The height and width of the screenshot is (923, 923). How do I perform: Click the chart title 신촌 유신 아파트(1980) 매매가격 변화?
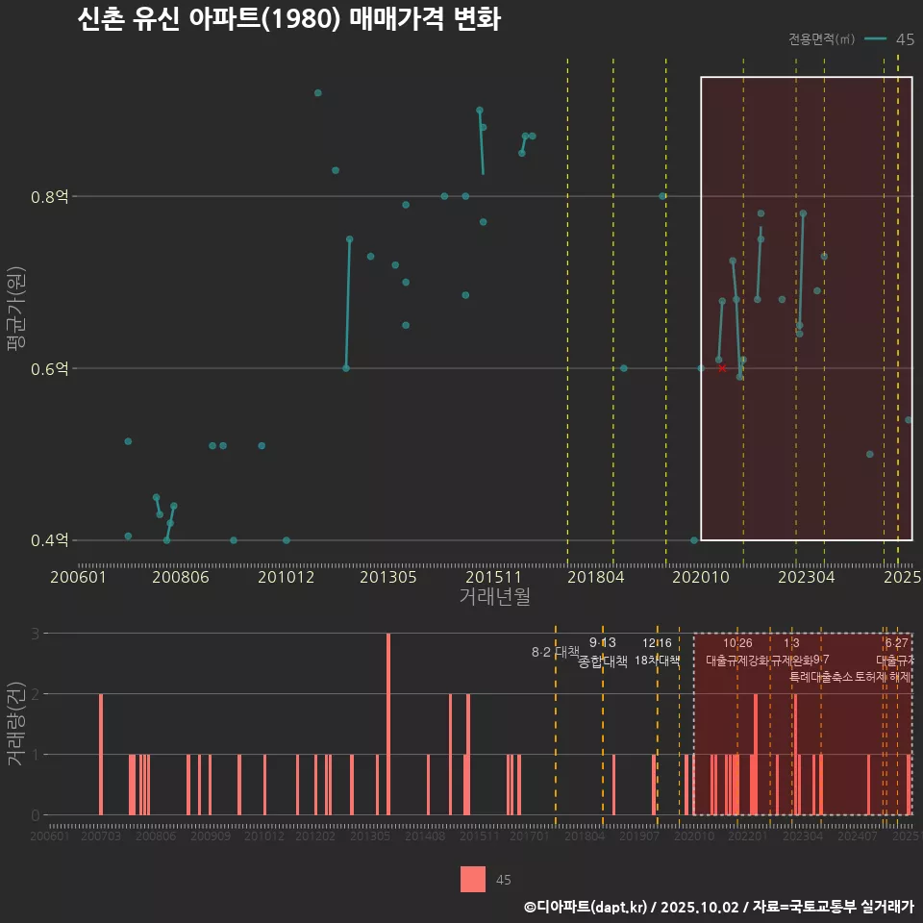click(288, 20)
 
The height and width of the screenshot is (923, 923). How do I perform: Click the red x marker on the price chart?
click(722, 368)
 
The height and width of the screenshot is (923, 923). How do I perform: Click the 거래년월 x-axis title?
click(494, 597)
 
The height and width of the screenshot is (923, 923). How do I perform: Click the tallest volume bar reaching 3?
click(388, 723)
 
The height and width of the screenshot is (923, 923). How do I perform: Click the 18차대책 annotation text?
click(658, 661)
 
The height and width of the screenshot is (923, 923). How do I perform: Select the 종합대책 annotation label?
click(603, 661)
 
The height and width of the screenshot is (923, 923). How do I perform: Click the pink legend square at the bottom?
click(473, 879)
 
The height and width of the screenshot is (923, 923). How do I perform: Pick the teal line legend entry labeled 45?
click(889, 39)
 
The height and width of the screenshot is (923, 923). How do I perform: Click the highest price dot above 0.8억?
click(318, 93)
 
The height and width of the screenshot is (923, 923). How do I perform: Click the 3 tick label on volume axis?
click(36, 634)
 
